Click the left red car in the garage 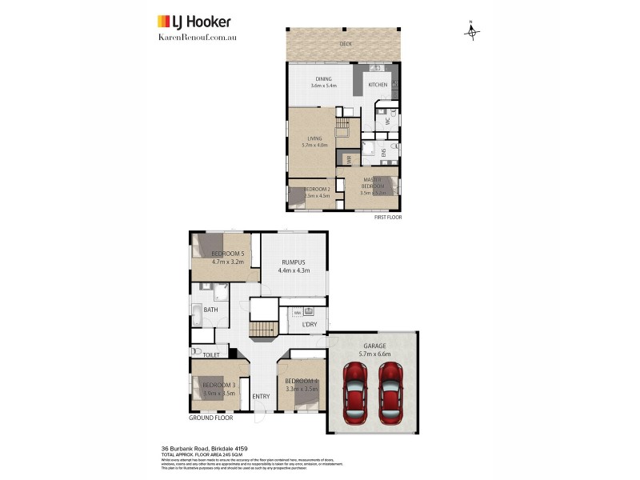coord(354,393)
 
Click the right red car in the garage coord(390,393)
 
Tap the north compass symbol coord(472,31)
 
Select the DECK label coord(346,44)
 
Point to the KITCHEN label coord(378,85)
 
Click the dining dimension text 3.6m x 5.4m coord(323,86)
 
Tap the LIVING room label coord(314,138)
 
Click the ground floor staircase coord(262,329)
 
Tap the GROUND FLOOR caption coord(210,418)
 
